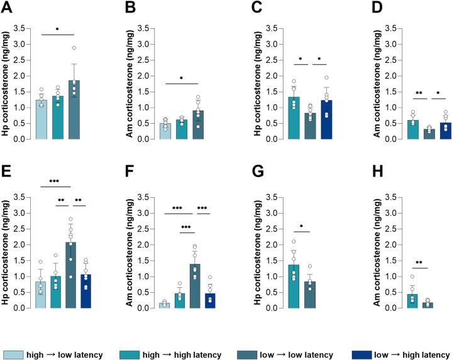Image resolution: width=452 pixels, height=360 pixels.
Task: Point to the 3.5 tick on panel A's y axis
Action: coord(27,28)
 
